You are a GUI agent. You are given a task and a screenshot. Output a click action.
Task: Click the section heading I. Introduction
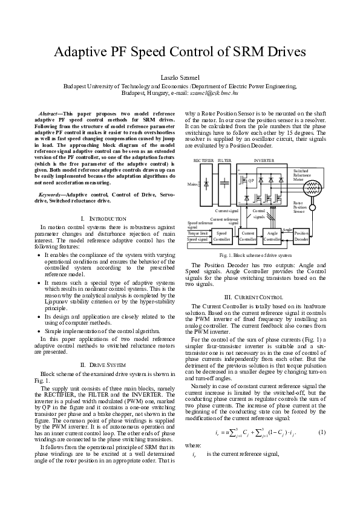coord(103,218)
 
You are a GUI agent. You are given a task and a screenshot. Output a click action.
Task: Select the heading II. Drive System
coord(103,365)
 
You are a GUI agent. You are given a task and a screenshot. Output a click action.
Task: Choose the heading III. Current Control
coord(254,297)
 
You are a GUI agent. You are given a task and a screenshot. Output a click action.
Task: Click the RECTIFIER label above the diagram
coord(203,161)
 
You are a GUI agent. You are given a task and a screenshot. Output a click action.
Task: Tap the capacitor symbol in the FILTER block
coord(224,183)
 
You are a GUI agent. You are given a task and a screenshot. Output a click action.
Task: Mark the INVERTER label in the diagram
coord(264,161)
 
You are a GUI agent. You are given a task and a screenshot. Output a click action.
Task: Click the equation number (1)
coord(322,449)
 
